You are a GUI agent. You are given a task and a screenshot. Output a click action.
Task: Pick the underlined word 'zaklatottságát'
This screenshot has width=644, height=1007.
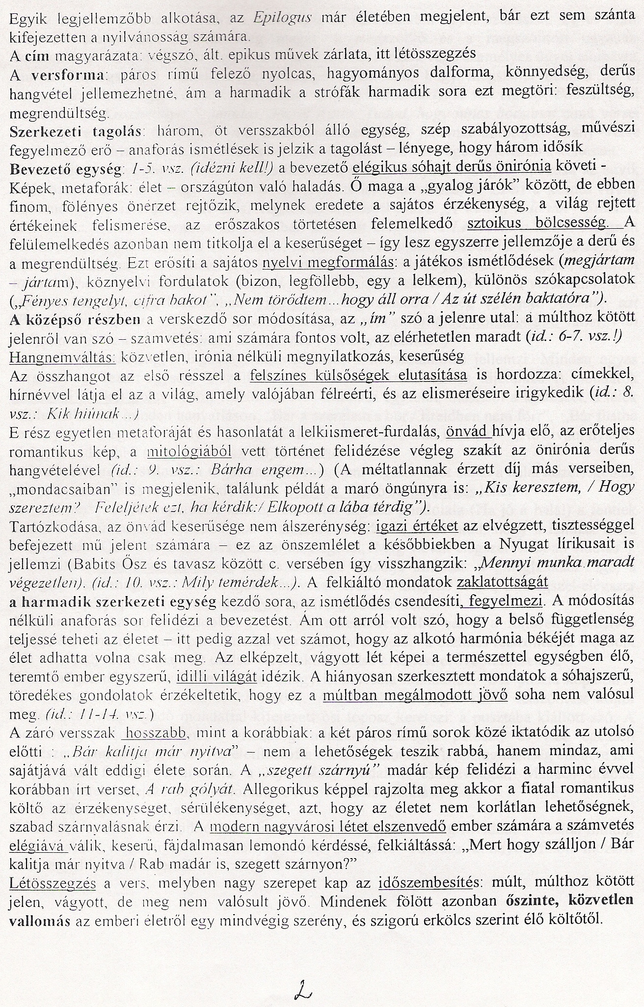502,582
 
